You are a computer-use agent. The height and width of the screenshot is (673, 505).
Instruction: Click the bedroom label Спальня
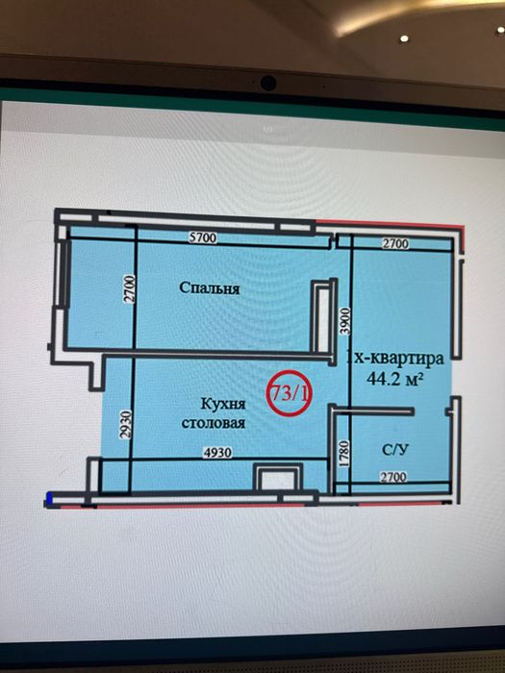point(209,288)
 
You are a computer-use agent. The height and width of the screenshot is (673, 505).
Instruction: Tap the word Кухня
point(223,404)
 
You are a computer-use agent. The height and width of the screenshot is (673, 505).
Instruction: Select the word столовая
point(214,423)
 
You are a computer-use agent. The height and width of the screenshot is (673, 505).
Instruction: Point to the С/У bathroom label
point(395,449)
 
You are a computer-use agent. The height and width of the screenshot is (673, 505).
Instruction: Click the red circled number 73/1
point(289,393)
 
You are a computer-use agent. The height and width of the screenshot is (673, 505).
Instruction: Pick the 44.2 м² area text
point(392,379)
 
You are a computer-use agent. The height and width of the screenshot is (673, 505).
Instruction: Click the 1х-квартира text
point(395,358)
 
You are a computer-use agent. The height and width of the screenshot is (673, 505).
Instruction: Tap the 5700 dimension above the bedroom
point(203,237)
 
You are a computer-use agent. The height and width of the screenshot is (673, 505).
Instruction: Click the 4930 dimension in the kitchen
point(217,453)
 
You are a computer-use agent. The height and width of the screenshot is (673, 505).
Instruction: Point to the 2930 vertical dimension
point(124,425)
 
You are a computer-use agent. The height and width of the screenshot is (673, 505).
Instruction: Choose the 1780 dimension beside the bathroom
point(345,453)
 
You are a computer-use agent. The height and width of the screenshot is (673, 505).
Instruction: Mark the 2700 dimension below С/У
point(393,477)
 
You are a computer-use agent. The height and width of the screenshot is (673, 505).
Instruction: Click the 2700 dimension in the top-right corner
point(395,244)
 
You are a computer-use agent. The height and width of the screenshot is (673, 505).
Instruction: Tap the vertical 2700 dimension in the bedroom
point(130,289)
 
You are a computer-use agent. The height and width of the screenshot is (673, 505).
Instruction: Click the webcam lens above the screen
point(268,83)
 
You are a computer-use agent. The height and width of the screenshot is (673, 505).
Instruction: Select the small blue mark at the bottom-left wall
point(49,499)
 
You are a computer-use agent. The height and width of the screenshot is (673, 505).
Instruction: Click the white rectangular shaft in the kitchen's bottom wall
point(278,480)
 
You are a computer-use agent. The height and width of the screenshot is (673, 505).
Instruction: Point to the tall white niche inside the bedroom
point(322,317)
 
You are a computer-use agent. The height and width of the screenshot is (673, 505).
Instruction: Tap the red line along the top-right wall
point(390,224)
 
